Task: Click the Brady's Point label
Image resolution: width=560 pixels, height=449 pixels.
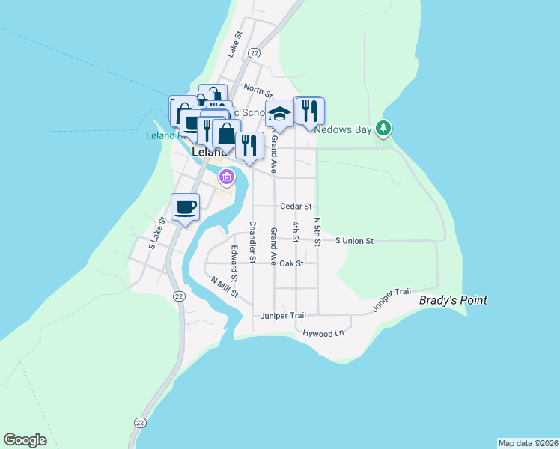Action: [x=453, y=300]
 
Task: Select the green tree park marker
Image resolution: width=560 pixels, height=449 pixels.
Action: [x=384, y=129]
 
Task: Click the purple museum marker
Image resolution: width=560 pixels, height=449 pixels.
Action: [x=226, y=177]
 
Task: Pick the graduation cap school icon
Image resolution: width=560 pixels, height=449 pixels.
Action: [x=279, y=114]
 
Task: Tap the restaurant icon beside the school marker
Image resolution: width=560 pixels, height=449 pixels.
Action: [x=308, y=111]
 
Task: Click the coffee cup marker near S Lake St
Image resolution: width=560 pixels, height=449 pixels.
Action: [x=185, y=207]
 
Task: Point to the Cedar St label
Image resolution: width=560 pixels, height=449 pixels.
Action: [x=296, y=206]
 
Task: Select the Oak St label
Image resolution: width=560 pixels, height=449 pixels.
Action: [x=291, y=263]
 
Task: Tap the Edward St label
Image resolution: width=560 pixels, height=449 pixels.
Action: [x=234, y=263]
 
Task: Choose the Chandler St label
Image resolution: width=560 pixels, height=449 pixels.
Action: [x=253, y=242]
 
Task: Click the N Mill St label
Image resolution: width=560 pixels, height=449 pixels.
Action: [x=224, y=287]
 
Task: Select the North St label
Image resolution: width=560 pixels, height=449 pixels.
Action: [x=258, y=91]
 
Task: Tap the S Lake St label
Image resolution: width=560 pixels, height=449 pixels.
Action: [x=156, y=232]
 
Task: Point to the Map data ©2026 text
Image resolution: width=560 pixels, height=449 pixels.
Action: [x=528, y=443]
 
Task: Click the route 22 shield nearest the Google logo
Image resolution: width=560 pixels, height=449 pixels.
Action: [x=139, y=423]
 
